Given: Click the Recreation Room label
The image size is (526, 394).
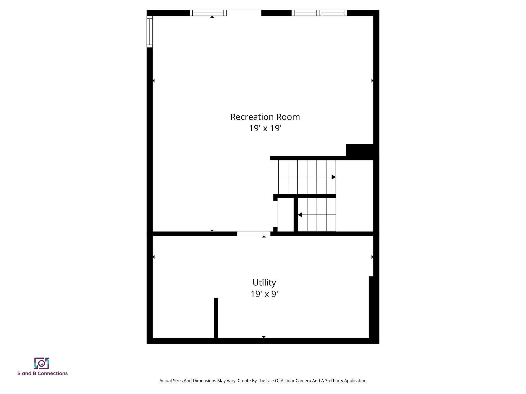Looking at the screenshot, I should (265, 117).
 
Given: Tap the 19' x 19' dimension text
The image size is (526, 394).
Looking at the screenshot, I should (265, 128).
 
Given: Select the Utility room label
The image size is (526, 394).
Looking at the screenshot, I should (264, 282).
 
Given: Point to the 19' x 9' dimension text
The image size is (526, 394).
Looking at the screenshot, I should (264, 294).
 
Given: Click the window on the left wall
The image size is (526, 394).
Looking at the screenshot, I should (149, 32).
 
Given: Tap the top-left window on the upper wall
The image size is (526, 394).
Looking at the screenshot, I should (208, 13).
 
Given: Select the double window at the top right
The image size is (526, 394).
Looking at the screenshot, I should (319, 13).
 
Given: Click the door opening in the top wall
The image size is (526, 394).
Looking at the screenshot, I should (244, 13).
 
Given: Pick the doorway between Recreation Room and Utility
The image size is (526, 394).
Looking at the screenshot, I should (253, 233).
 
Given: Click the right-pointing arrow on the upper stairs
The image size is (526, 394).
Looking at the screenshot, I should (333, 177).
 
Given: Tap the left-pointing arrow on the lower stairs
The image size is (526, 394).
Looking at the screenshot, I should (300, 215).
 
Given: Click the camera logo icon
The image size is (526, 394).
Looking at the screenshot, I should (42, 363).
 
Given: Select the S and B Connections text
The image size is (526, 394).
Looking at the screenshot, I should (43, 373).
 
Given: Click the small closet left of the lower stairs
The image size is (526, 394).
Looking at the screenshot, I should (286, 215).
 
